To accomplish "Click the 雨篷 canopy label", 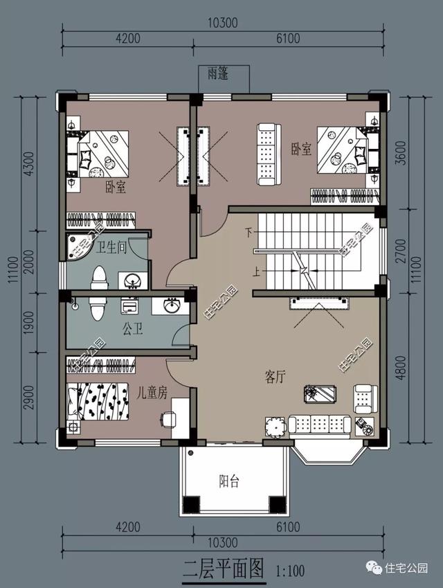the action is coord(218,73).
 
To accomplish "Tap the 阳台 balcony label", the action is coord(228,481).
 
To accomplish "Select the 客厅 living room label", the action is coord(275,377).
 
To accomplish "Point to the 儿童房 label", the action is coord(152,393).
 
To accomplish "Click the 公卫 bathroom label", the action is coord(133,329).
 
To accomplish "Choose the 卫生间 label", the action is coord(111,248).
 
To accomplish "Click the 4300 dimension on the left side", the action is coord(29,163).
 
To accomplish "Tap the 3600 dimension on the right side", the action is coord(401,152).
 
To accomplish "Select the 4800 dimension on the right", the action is coord(401,368).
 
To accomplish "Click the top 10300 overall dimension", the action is coord(223,23).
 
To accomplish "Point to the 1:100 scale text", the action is coord(290,571).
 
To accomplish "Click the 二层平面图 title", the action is coord(224,569).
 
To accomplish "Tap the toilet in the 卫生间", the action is coord(99,278).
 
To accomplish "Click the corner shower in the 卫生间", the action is coord(76,247).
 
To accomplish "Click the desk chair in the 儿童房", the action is coord(168,419).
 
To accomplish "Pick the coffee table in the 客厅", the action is coord(320,393).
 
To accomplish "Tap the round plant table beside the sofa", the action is coord(276,427).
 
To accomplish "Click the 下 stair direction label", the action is coord(249,233).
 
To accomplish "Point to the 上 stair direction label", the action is coord(256,271).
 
